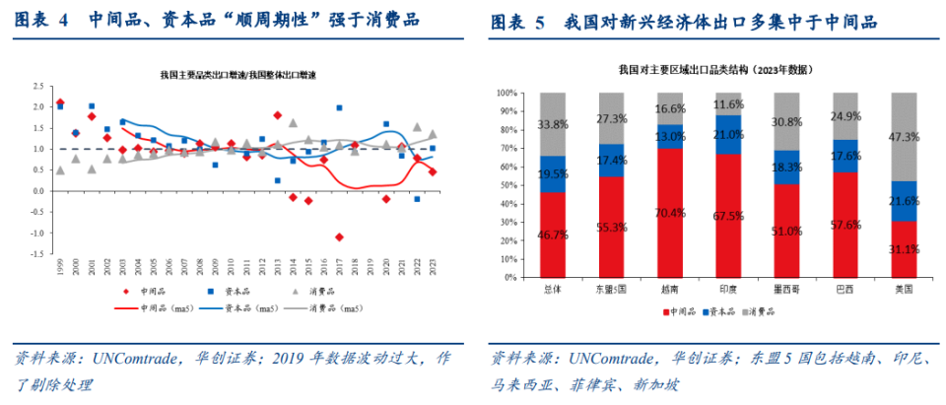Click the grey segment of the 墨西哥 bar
click(787, 121)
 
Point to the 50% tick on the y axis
click(507, 185)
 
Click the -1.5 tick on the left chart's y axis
click(38, 254)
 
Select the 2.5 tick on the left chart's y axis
click(40, 86)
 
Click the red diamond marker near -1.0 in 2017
click(339, 236)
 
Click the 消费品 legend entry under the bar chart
click(758, 311)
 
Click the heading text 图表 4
click(43, 21)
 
